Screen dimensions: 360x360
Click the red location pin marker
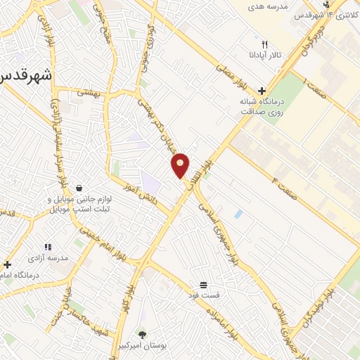(x=181, y=165)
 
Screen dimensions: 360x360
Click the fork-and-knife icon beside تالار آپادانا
(x=264, y=44)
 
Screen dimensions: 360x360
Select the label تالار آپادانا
(x=264, y=55)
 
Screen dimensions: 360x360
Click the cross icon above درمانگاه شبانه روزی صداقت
(x=262, y=91)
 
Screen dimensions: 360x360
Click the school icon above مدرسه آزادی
(x=48, y=247)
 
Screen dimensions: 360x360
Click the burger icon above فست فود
(x=202, y=284)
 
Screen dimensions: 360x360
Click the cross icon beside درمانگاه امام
(x=7, y=264)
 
